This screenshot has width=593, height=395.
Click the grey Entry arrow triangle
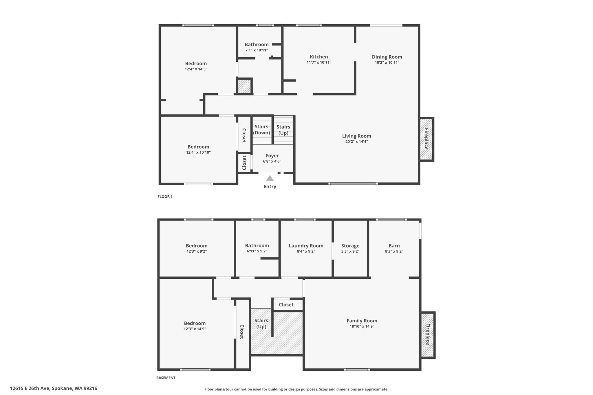pyautogui.click(x=270, y=178)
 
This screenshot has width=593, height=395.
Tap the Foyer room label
pyautogui.click(x=272, y=156)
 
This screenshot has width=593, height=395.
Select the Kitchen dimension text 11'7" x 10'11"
pyautogui.click(x=319, y=63)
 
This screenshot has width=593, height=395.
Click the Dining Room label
pyautogui.click(x=387, y=57)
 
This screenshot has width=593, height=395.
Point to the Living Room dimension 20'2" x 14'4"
pyautogui.click(x=356, y=142)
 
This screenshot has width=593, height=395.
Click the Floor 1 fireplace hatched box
pyautogui.click(x=426, y=139)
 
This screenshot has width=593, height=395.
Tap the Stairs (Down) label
pyautogui.click(x=261, y=130)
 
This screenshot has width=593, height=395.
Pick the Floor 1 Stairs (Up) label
pyautogui.click(x=283, y=130)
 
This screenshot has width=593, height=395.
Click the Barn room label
pyautogui.click(x=394, y=246)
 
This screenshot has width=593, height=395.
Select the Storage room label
pyautogui.click(x=350, y=246)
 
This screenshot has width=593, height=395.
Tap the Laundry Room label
pyautogui.click(x=306, y=246)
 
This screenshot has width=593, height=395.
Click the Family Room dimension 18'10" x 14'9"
pyautogui.click(x=362, y=326)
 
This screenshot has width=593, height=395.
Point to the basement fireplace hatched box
pyautogui.click(x=428, y=335)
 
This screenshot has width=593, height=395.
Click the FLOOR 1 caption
pyautogui.click(x=165, y=197)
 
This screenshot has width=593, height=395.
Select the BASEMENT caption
pyautogui.click(x=166, y=378)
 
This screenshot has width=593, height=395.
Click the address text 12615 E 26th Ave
pyautogui.click(x=30, y=388)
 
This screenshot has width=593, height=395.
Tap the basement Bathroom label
pyautogui.click(x=257, y=246)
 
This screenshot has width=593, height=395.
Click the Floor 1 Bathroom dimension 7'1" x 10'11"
pyautogui.click(x=257, y=50)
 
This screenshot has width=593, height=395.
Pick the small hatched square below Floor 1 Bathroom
pyautogui.click(x=244, y=86)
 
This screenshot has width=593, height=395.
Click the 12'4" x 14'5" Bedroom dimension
pyautogui.click(x=196, y=69)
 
